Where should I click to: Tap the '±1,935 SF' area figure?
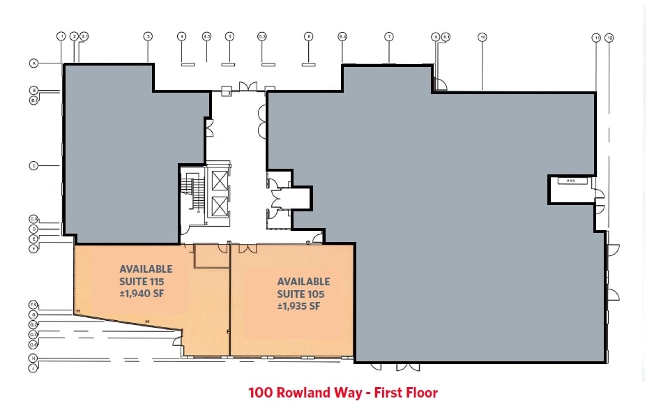pyautogui.click(x=298, y=306)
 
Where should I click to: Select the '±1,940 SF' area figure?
pyautogui.click(x=145, y=293)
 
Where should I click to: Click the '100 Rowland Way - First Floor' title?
pyautogui.click(x=342, y=393)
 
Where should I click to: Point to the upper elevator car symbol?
pyautogui.click(x=220, y=180)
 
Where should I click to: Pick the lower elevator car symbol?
pyautogui.click(x=220, y=206)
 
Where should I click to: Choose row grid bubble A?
pyautogui.click(x=33, y=63)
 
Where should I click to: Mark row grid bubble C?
pyautogui.click(x=33, y=166)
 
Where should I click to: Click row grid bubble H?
pyautogui.click(x=33, y=358)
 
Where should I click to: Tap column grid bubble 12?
pyautogui.click(x=609, y=38)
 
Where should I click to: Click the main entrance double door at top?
pyautogui.click(x=248, y=86)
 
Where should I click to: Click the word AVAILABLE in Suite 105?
pyautogui.click(x=303, y=282)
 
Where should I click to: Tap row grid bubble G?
pyautogui.click(x=33, y=315)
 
